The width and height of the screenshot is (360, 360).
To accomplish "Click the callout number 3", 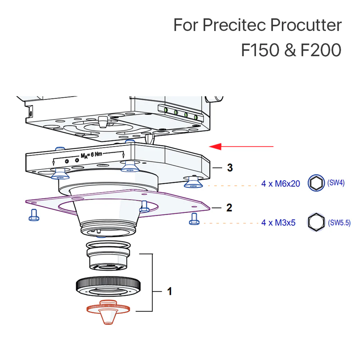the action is point(229,168).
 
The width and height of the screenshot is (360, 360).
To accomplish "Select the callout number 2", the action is point(229,208).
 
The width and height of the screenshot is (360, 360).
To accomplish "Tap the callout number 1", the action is point(169,291).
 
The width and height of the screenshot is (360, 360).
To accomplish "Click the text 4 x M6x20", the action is point(280,184).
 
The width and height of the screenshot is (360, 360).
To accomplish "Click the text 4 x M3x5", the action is point(278,223).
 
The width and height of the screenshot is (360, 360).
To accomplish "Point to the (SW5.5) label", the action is point(339,223).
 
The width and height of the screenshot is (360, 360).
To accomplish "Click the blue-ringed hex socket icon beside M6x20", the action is point(316,183).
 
